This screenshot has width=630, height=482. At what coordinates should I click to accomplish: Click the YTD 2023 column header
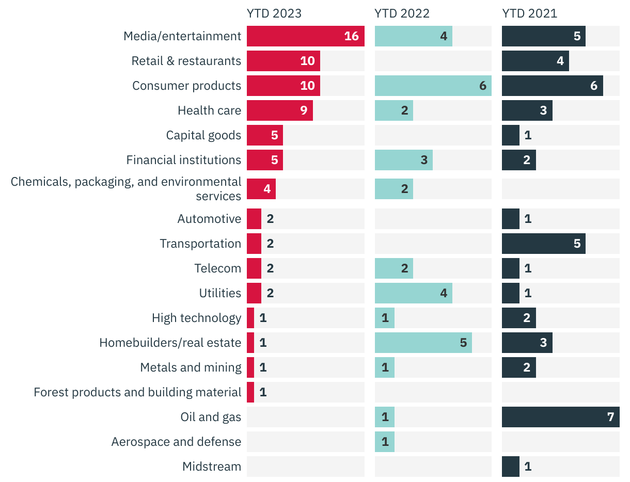point(274,13)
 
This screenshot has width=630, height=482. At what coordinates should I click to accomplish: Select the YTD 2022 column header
point(402,13)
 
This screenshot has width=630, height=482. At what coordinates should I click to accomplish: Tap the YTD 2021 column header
point(529,13)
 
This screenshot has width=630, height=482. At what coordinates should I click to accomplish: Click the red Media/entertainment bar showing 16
point(305,36)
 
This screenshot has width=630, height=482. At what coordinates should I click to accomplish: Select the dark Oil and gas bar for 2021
point(560,417)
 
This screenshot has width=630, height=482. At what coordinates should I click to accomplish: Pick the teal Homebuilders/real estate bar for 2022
point(423,343)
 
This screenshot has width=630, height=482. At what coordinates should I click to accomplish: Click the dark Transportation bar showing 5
point(543,244)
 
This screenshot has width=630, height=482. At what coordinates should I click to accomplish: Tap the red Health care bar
point(279,110)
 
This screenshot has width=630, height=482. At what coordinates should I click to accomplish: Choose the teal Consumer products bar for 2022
point(433,86)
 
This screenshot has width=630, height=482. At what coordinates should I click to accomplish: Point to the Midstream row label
point(212,467)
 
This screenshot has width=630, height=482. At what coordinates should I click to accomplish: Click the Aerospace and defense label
point(176,442)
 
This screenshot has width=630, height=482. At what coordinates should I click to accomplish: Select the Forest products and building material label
point(137,392)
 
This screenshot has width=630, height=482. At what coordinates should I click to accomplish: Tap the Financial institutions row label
point(184,160)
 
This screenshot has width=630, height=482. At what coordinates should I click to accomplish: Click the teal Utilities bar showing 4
point(413,293)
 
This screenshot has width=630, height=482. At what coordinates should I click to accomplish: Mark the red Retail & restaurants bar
point(283,61)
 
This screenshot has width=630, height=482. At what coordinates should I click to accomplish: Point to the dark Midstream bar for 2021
point(510,467)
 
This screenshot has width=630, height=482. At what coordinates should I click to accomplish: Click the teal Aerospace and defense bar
point(384,442)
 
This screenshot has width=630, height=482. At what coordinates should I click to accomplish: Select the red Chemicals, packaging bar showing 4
point(261,189)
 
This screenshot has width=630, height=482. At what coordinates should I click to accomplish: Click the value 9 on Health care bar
point(304,110)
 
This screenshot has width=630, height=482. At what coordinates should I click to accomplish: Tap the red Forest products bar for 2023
point(250,392)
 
